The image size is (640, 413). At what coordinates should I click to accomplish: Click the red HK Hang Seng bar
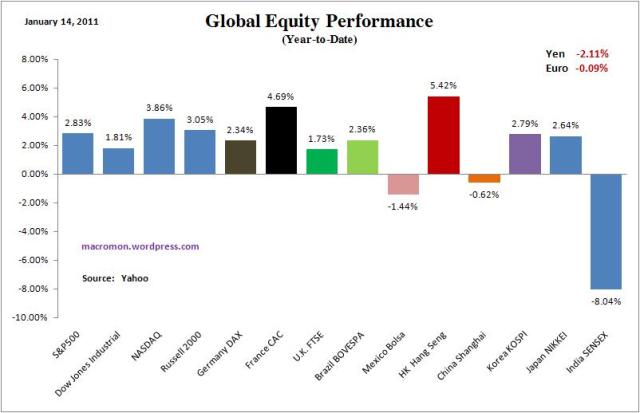click(x=443, y=135)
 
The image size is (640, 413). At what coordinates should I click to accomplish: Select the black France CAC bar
click(x=281, y=140)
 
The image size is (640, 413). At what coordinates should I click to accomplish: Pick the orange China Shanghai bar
click(x=484, y=178)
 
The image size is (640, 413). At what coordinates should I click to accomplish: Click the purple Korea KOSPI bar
click(x=524, y=154)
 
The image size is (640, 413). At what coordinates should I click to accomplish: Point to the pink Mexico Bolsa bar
click(x=403, y=184)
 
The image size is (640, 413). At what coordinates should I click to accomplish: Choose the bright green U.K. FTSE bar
click(x=322, y=161)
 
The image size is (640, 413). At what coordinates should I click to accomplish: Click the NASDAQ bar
click(x=159, y=146)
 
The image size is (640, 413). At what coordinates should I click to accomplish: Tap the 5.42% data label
click(x=443, y=87)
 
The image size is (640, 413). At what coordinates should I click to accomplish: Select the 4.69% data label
click(x=281, y=98)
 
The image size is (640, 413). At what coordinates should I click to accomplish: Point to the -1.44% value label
click(x=403, y=205)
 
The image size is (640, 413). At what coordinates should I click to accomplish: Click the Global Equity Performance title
click(x=319, y=21)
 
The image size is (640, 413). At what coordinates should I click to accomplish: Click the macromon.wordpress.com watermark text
click(x=140, y=246)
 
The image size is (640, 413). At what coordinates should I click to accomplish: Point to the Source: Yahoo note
click(x=115, y=278)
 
